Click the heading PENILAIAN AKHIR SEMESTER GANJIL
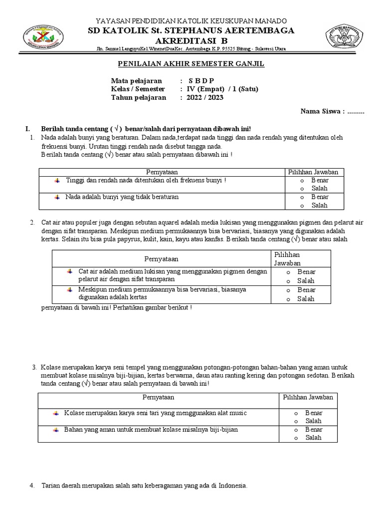click(191, 64)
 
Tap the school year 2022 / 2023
click(206, 98)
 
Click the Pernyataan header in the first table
click(162, 172)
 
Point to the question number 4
click(32, 486)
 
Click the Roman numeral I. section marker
click(21, 128)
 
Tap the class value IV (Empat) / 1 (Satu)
click(223, 89)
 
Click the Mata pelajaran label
click(136, 81)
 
